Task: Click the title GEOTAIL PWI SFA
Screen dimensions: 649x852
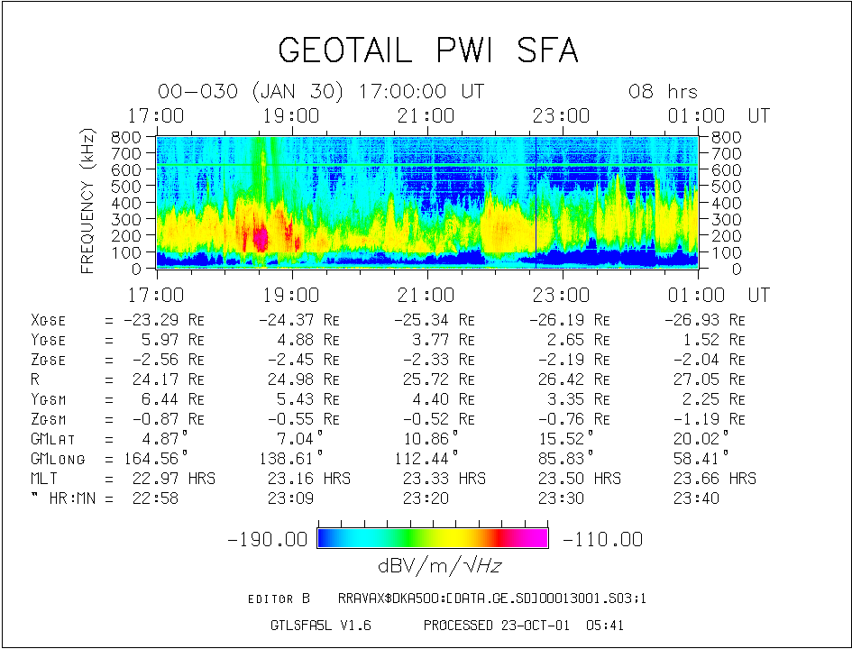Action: pyautogui.click(x=427, y=50)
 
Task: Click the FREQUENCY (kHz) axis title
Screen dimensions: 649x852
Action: pyautogui.click(x=88, y=200)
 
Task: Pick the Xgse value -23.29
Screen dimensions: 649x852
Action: pyautogui.click(x=149, y=320)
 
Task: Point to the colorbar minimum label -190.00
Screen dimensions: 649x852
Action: pyautogui.click(x=269, y=539)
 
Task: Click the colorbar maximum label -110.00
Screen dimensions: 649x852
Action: pyautogui.click(x=602, y=539)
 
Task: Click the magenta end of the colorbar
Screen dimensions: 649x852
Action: pyautogui.click(x=538, y=538)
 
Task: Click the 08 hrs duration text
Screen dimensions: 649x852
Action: pyautogui.click(x=663, y=92)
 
